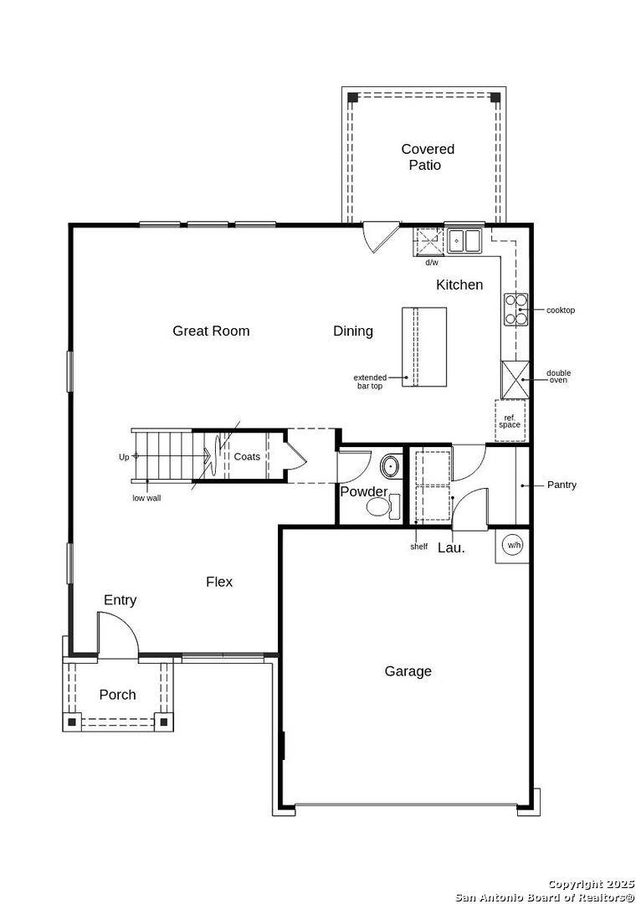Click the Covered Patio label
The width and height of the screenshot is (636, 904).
click(x=427, y=157)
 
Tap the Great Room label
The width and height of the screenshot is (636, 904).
click(x=211, y=331)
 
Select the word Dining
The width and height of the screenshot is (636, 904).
click(x=353, y=331)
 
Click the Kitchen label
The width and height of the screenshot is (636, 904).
click(x=459, y=285)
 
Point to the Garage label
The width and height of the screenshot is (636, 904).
click(x=408, y=670)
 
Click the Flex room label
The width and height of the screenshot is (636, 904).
click(x=219, y=582)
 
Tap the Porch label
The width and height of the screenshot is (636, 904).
click(x=117, y=695)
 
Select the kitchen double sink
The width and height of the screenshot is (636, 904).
click(x=463, y=241)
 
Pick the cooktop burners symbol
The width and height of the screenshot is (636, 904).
click(x=515, y=310)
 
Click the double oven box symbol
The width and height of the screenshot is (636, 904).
click(x=515, y=378)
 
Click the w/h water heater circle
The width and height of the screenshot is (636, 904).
click(x=512, y=546)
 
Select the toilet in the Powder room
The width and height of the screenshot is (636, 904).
click(x=384, y=506)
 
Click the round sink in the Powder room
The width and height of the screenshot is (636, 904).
click(x=391, y=465)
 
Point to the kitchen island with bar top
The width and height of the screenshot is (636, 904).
click(x=424, y=347)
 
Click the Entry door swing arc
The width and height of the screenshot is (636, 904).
click(x=119, y=633)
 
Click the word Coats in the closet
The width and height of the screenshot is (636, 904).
click(x=247, y=456)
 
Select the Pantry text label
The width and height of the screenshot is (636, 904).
click(x=562, y=485)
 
